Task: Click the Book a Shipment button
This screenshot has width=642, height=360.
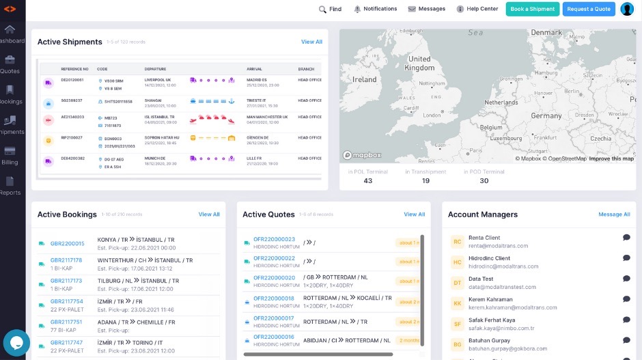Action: [x=532, y=9]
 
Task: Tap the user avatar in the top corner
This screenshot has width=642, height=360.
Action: [x=626, y=9]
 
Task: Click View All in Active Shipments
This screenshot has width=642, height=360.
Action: [x=311, y=42]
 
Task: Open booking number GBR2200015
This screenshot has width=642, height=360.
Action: [x=68, y=243]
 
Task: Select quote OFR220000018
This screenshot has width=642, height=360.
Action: [x=274, y=299]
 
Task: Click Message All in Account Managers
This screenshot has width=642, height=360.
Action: [x=614, y=214]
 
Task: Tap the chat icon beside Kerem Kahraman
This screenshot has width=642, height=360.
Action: [x=626, y=299]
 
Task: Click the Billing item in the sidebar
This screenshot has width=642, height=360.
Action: [x=10, y=155]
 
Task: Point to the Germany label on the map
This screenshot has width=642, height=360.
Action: [x=546, y=116]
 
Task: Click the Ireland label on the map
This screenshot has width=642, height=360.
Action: [x=364, y=79]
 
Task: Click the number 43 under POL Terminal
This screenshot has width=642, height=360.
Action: [x=368, y=181]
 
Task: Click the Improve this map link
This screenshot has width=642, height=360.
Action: [x=611, y=159]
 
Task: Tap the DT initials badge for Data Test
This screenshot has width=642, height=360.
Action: [x=458, y=282]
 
